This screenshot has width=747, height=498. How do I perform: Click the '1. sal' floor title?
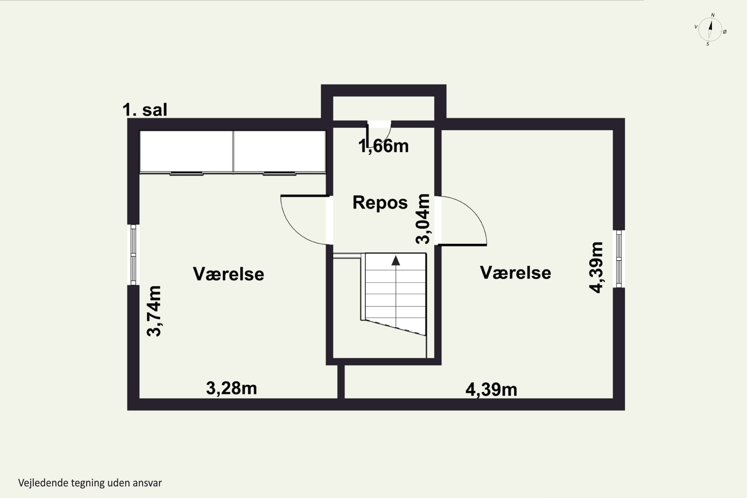145,110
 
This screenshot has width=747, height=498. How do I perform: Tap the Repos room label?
380,203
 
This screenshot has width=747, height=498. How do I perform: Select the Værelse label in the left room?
228,274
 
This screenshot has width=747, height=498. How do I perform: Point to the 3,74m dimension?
154,311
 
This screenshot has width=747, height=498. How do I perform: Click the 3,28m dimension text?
231,388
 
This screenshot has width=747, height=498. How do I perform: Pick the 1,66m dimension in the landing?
383,146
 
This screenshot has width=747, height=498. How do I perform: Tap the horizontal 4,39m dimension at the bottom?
491,390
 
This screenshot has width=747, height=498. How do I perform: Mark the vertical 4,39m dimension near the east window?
596,267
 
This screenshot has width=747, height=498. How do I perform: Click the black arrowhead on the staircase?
395,261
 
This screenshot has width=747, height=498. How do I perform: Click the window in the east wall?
619,259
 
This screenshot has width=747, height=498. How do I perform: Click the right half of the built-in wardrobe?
279,152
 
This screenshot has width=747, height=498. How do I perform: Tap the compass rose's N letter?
713,15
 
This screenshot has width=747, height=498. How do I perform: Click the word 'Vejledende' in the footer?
43,483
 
